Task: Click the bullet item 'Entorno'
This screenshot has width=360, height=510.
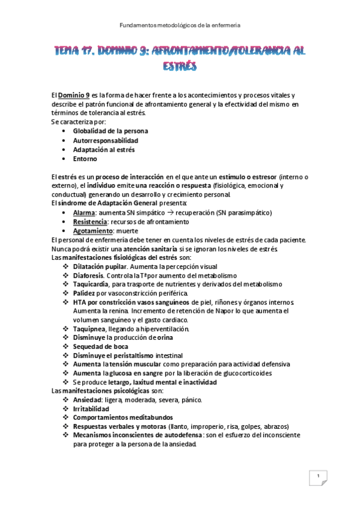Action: coord(85,159)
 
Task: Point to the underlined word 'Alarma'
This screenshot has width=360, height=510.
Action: coord(84,213)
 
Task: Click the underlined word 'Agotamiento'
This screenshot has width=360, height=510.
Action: coord(92,231)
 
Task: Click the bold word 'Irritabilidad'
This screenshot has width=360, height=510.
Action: coord(93,408)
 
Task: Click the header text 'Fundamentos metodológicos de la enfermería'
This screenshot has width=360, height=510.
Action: coord(180,26)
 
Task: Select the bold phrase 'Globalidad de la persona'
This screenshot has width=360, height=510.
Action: coord(111,131)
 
